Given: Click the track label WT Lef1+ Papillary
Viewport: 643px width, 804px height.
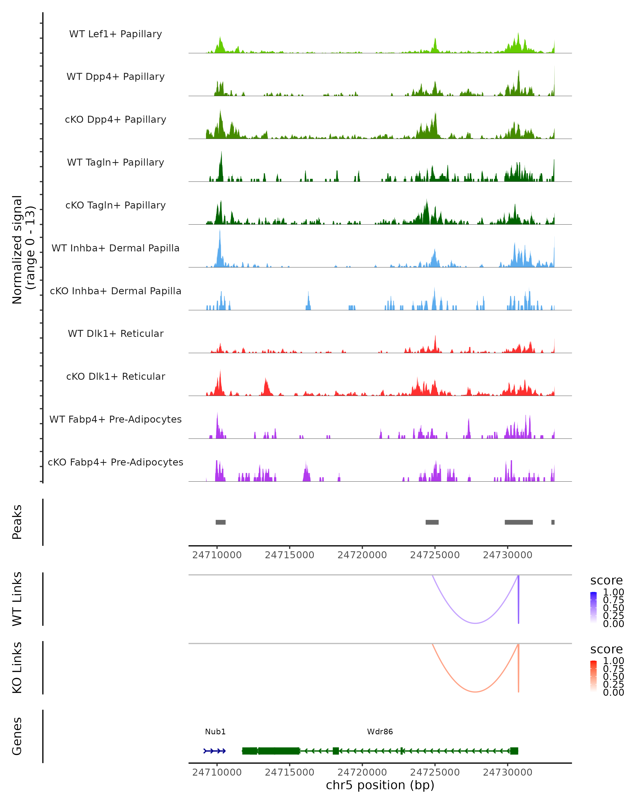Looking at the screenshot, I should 115,34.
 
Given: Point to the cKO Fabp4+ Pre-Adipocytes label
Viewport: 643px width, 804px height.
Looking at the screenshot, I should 115,462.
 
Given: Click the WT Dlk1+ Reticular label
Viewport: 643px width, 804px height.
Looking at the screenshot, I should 115,333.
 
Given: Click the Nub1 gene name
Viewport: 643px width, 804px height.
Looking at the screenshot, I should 215,732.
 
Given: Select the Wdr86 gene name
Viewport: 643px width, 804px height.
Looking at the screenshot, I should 380,732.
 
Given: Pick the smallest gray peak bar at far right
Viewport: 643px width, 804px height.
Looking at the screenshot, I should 553,522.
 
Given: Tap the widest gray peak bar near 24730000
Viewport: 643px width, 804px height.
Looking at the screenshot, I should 518,522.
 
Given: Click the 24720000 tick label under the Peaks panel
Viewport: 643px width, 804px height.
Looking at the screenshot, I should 362,555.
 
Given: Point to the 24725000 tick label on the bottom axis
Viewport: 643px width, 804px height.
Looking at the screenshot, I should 435,772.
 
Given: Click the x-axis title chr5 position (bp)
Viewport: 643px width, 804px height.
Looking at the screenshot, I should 380,785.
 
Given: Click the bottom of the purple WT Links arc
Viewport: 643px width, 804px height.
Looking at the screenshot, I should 475,623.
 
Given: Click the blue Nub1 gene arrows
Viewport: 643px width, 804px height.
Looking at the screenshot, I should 215,751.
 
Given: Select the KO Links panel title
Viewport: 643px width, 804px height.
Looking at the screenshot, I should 17,668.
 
